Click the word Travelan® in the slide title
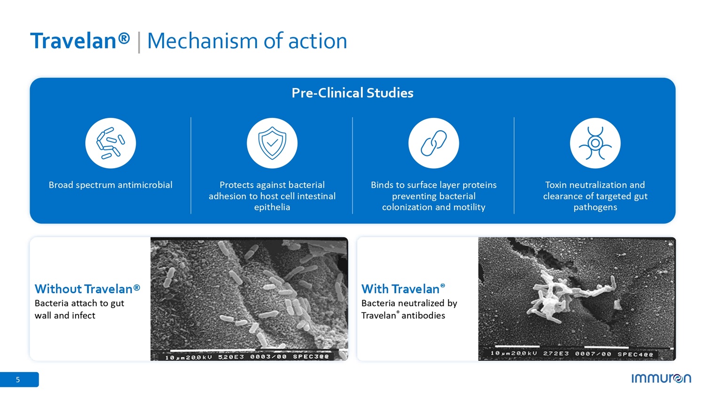80,41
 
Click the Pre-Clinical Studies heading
352,93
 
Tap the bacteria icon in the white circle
110,143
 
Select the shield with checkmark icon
272,143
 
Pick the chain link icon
434,143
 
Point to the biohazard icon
595,143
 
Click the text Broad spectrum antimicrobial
110,185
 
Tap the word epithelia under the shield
272,207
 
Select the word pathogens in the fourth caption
595,207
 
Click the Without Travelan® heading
87,289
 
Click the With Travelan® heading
403,289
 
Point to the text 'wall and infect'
65,316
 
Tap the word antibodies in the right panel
423,316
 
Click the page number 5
18,380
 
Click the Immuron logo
661,378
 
